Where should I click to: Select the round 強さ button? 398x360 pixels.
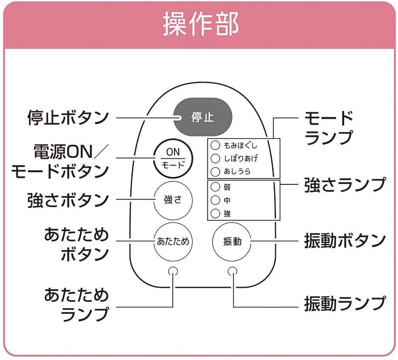pos(172,200)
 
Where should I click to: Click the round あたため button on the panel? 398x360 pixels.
pos(172,241)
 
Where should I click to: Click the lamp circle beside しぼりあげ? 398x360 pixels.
pos(215,158)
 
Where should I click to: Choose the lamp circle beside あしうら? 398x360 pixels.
pos(215,171)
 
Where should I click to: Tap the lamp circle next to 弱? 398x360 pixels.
pos(215,187)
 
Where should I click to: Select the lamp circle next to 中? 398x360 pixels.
pos(215,200)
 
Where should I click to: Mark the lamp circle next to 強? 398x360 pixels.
pos(215,213)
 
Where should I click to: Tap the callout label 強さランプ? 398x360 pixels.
pos(345,185)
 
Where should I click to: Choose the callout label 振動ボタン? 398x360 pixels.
pos(345,240)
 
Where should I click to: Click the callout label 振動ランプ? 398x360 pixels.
pos(345,303)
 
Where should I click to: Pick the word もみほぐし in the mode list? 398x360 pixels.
pos(240,146)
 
